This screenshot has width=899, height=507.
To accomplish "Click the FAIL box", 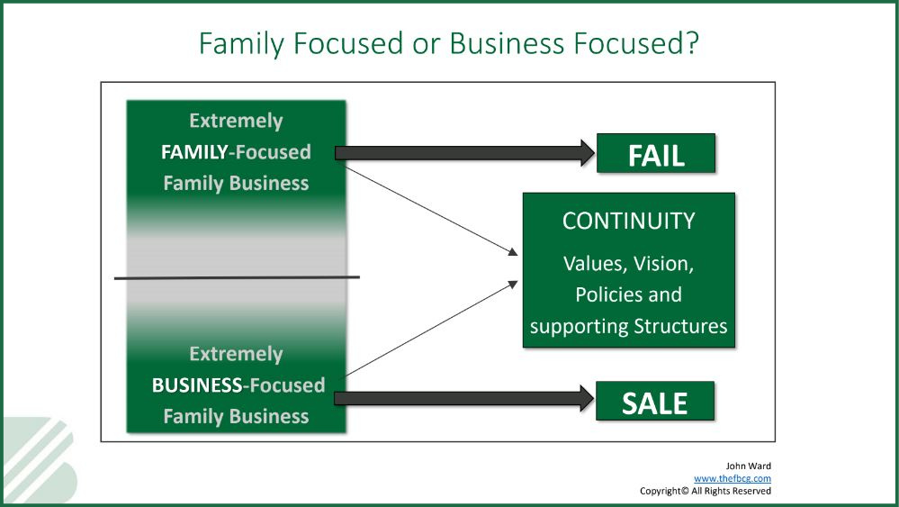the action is click(656, 153).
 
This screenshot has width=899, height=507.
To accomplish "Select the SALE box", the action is click(655, 401).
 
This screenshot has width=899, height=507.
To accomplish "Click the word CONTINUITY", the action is click(628, 221).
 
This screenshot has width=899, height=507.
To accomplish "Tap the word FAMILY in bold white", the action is click(194, 152).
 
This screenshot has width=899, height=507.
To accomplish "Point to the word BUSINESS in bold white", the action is click(197, 385).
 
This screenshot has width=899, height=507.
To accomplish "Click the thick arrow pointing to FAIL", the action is click(465, 153).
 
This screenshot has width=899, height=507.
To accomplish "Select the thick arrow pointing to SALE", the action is click(464, 399).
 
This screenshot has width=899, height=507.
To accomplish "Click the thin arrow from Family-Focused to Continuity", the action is click(431, 211).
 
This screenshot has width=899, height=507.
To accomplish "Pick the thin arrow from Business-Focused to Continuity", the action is click(431, 329).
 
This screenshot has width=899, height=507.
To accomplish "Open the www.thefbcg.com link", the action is click(733, 478).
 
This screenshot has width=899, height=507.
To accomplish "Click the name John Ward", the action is click(748, 466).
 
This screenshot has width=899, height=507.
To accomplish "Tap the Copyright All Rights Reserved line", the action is click(706, 491).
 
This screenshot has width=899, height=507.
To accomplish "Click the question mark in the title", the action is click(693, 43).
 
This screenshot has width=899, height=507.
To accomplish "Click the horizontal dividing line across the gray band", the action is click(237, 277).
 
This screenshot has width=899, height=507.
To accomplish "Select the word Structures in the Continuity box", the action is click(680, 326).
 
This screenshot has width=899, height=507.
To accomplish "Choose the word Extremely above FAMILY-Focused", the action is click(236, 122).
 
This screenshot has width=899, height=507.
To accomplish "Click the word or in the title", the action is click(425, 44).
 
